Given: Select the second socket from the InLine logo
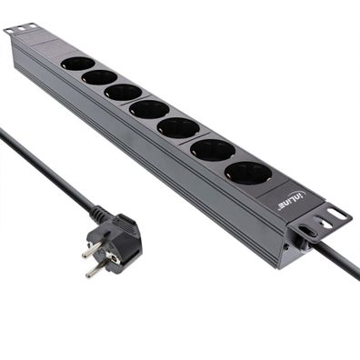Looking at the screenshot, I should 212,149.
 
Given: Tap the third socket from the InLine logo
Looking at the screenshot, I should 178,128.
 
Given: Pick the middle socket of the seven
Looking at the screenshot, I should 148,109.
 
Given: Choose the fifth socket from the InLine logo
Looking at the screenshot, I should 122,92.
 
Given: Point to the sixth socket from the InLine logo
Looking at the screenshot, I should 98,77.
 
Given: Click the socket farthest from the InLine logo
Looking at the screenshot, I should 77,64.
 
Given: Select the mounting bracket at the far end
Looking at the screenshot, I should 22,30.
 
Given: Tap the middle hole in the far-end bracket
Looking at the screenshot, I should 21,29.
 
